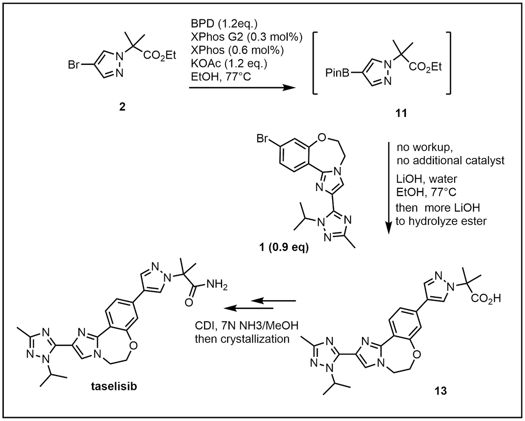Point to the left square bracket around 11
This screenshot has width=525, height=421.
point(315,63)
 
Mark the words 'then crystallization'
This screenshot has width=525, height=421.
point(241,339)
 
